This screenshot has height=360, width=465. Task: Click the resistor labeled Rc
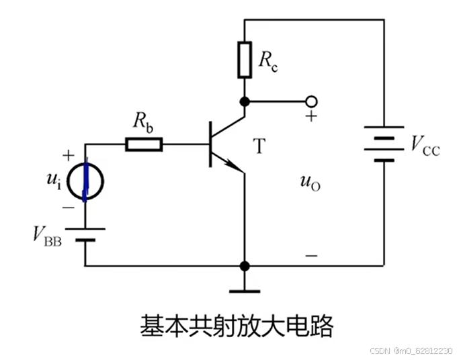coord(244,59)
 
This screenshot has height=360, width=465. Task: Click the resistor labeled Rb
coord(144,144)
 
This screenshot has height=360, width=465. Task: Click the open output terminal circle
coord(310,101)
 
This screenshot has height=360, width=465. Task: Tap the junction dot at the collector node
coord(245,101)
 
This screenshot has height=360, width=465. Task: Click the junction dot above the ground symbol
coord(245,265)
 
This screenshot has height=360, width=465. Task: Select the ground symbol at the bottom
coord(245,290)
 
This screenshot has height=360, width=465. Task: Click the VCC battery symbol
coord(384,144)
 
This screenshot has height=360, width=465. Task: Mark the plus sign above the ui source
coord(68,156)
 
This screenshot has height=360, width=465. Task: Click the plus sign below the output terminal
coord(311,117)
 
